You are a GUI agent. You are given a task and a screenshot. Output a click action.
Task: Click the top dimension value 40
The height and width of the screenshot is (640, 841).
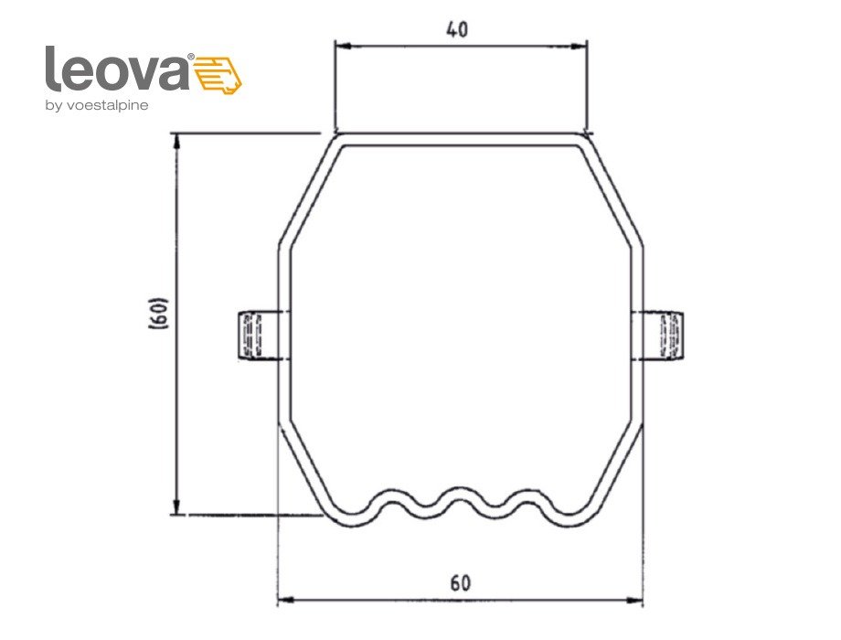(457, 29)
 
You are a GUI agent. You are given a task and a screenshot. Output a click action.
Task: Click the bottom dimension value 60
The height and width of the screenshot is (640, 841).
(461, 582)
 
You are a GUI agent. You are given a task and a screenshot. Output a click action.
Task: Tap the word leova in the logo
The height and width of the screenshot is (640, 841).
(117, 69)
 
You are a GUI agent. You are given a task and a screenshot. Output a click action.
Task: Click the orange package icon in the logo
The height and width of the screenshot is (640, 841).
(220, 73)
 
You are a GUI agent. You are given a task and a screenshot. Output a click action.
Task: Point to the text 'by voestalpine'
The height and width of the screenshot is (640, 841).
(96, 105)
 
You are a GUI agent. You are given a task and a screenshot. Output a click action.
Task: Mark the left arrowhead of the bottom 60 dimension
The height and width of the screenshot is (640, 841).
(282, 601)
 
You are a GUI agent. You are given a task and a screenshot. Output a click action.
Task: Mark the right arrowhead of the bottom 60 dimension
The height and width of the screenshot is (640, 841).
(637, 601)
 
